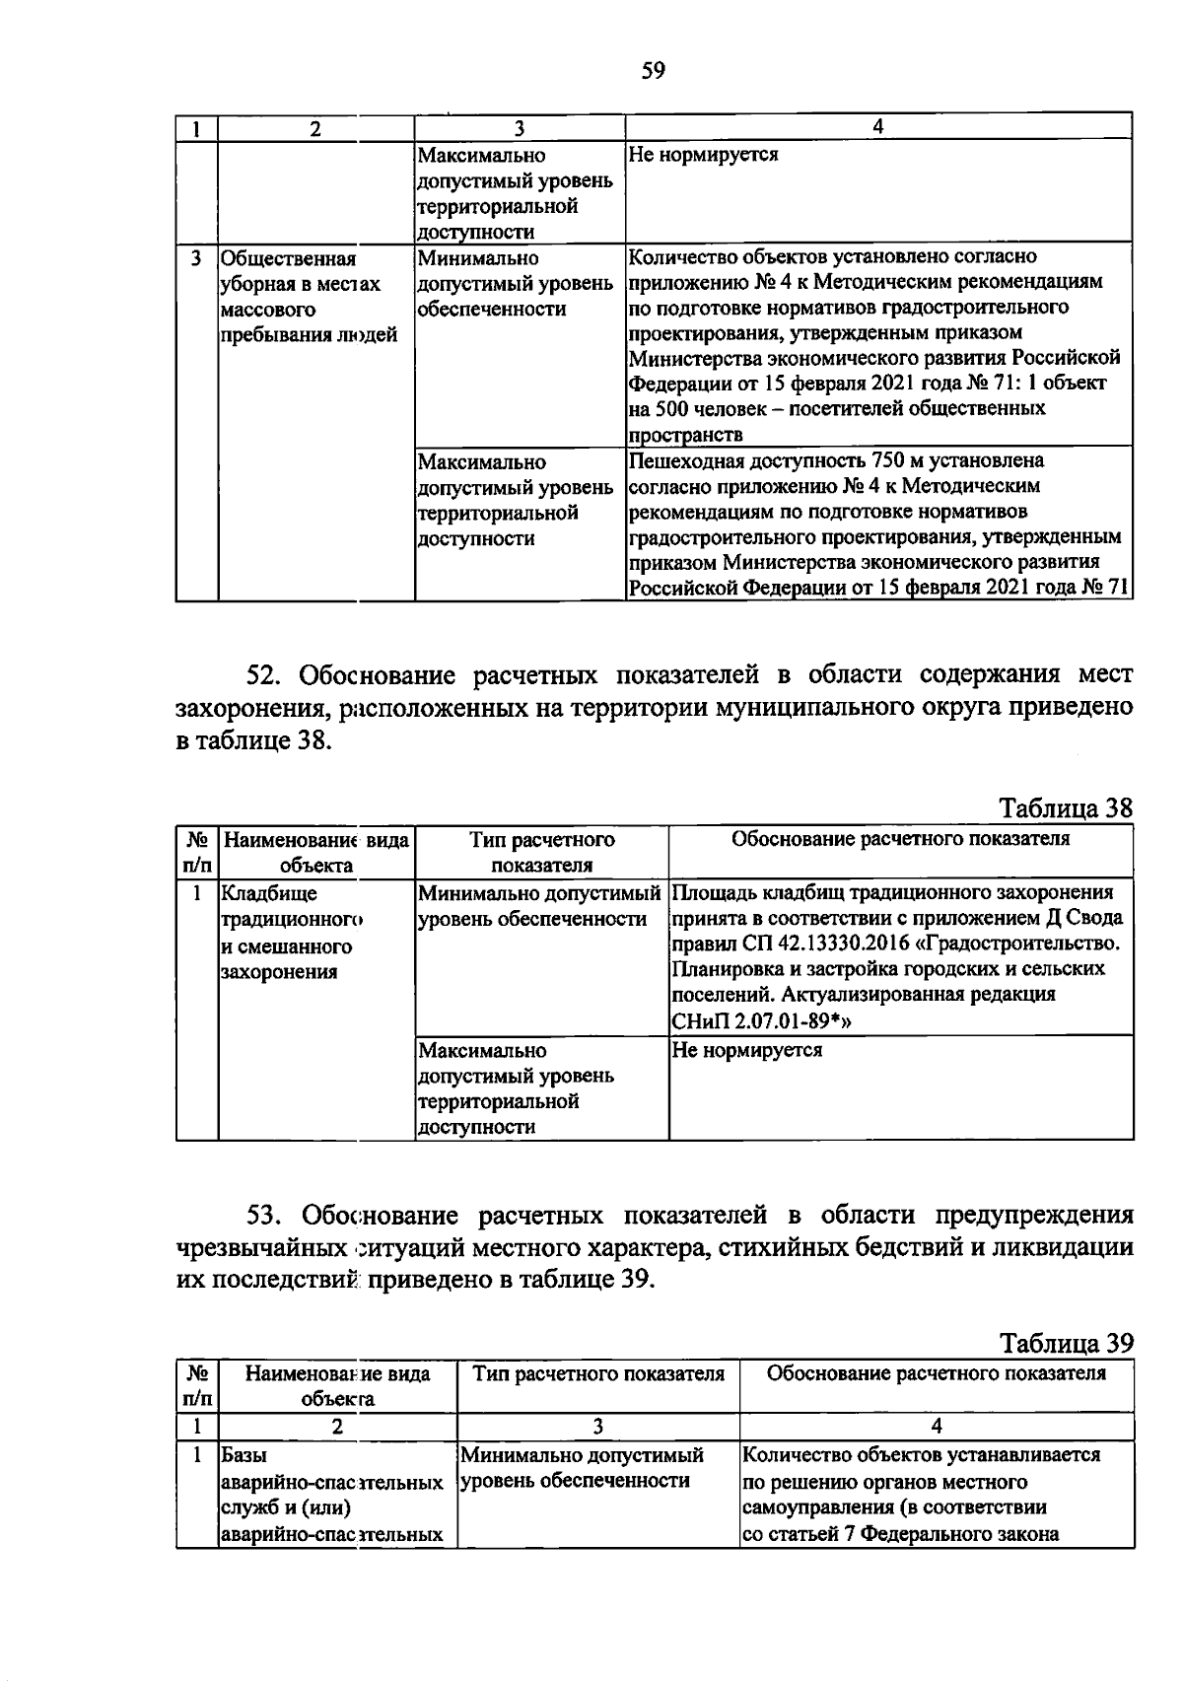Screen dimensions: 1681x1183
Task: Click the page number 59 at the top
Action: (x=654, y=70)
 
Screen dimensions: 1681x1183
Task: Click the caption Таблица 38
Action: (x=1067, y=808)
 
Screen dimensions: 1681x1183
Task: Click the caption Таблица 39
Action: (x=1067, y=1343)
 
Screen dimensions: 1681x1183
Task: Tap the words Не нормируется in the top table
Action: (x=703, y=155)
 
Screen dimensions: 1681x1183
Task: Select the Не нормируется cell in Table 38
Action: (x=746, y=1050)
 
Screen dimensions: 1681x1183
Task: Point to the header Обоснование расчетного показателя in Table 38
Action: (x=900, y=839)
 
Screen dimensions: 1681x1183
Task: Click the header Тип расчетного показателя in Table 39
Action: (x=598, y=1373)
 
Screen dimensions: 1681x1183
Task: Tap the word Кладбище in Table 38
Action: (x=269, y=894)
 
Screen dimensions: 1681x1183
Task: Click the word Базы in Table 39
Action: (x=244, y=1455)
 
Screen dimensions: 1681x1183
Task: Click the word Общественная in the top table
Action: (x=288, y=258)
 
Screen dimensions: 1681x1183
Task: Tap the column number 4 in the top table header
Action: (x=877, y=126)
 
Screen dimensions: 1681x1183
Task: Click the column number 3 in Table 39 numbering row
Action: (x=597, y=1426)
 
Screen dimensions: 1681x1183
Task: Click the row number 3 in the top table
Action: (x=196, y=258)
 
